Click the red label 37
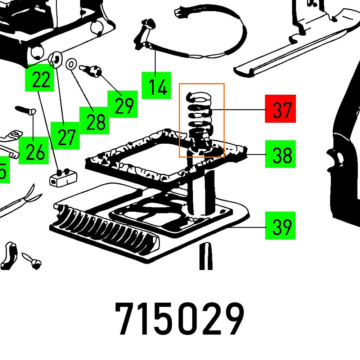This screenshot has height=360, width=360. click(280, 109)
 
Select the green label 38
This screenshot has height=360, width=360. click(280, 154)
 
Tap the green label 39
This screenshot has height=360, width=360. click(280, 226)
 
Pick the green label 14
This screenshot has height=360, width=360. click(156, 85)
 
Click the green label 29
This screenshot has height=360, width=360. click(122, 104)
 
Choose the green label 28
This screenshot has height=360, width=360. click(94, 121)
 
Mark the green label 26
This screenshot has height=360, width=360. click(33, 150)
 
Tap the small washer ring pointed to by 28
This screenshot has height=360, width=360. click(72, 65)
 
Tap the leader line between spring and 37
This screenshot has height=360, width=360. click(238, 109)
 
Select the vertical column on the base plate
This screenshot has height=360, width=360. click(201, 194)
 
